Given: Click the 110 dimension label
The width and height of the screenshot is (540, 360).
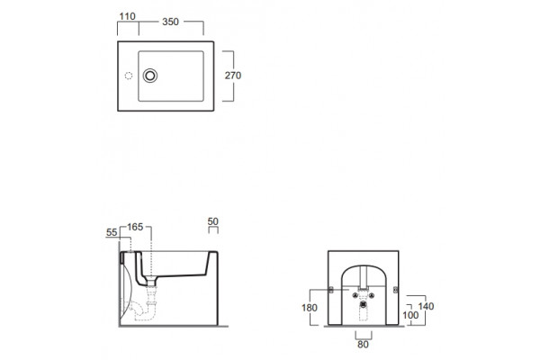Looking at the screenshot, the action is [127, 16].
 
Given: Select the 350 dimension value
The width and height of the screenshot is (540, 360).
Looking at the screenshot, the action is [170, 22].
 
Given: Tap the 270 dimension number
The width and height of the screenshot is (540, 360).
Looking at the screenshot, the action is [233, 76].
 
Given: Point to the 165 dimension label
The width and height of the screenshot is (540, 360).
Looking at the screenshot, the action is [135, 227].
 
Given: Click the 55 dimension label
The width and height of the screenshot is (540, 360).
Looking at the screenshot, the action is [112, 232].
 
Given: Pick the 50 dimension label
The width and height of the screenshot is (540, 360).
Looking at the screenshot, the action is [212, 221].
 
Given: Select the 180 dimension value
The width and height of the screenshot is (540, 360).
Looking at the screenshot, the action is [310, 308].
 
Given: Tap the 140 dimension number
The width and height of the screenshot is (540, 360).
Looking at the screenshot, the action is [426, 306].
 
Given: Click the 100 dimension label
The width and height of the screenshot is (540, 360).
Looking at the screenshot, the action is [410, 315].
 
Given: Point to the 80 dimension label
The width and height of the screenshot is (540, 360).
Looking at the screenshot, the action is [363, 345].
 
